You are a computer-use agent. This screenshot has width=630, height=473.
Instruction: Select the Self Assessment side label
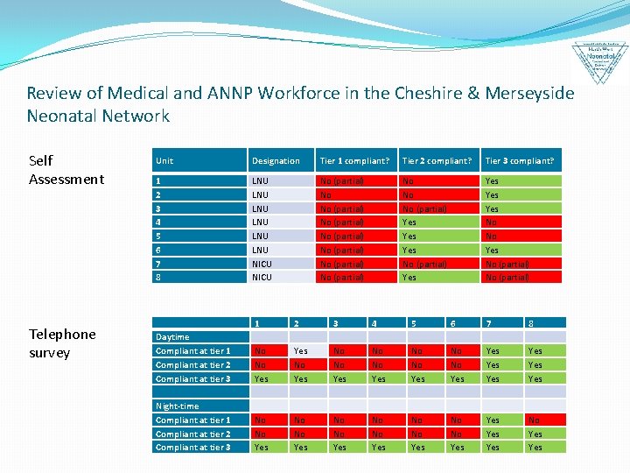pyautogui.click(x=66, y=170)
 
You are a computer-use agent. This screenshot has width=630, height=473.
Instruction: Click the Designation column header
pyautogui.click(x=276, y=160)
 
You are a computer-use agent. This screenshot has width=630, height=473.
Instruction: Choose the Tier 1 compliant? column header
pyautogui.click(x=354, y=160)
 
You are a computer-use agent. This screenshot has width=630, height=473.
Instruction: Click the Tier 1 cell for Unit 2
pyautogui.click(x=354, y=194)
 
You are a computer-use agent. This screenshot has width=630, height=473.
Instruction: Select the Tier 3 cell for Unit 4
pyautogui.click(x=521, y=222)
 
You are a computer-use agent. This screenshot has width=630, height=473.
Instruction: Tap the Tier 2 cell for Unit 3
pyautogui.click(x=437, y=208)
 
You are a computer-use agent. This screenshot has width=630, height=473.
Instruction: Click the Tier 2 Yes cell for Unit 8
pyautogui.click(x=437, y=278)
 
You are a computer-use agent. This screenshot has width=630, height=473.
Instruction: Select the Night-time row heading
pyautogui.click(x=178, y=406)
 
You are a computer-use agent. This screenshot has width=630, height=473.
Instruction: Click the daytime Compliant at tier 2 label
pyautogui.click(x=193, y=364)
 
